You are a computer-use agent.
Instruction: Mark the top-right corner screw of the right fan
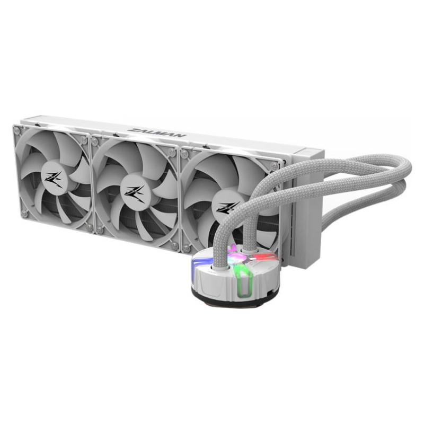click(x=275, y=166)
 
